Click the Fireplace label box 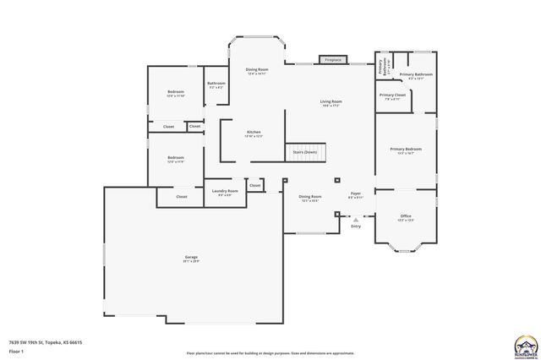tap(333, 60)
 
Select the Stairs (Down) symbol tap(304, 152)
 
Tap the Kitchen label tap(254, 134)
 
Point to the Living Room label tap(331, 103)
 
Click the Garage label tap(192, 259)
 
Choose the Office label tap(406, 217)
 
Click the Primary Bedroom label tap(406, 150)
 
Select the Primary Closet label tap(392, 96)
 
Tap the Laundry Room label tap(225, 193)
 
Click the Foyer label tap(356, 195)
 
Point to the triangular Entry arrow tap(356, 219)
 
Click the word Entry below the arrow tap(356, 226)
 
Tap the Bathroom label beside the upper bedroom tap(216, 85)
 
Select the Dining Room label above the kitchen tap(257, 71)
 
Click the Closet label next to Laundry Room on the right tap(254, 185)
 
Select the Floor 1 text tap(16, 350)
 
